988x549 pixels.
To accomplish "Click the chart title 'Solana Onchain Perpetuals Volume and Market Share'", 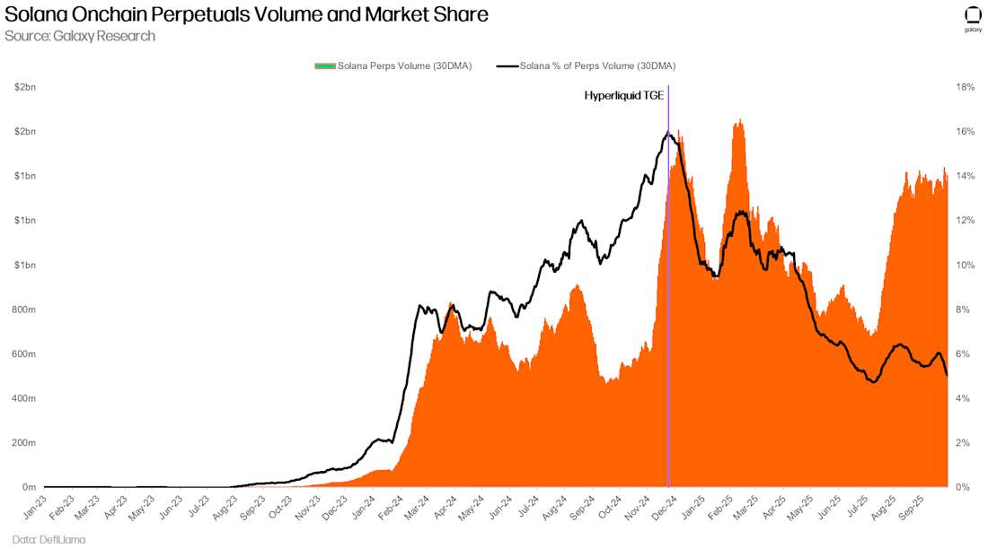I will point(247,15).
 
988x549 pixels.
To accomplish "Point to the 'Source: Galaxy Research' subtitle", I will point(80,36).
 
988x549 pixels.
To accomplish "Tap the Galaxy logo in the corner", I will point(973,19).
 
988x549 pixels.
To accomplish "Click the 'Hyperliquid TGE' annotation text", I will point(624,95).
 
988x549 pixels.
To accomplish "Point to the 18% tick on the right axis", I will point(966,87).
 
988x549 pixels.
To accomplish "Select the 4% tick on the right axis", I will point(963,398).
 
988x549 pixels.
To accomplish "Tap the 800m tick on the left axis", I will point(23,309).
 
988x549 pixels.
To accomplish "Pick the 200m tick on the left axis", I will point(23,443).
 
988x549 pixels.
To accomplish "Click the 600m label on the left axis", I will point(23,353).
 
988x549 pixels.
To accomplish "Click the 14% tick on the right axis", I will point(966,176).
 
